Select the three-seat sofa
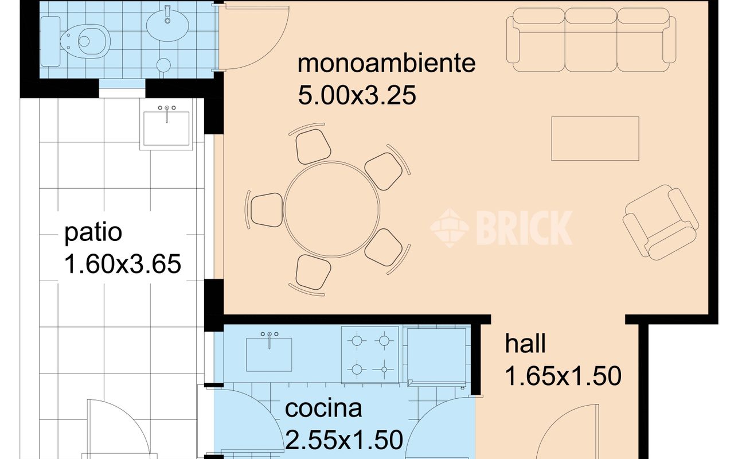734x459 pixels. coord(591,39)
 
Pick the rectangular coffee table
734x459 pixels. coord(595,138)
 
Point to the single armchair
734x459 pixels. coord(661,221)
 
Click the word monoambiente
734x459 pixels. coord(386,63)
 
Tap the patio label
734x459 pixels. coord(93,233)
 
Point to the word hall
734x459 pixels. coord(525,344)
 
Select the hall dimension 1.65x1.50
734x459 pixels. coord(563,376)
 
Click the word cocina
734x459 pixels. coord(323,409)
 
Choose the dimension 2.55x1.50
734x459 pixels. coord(343,440)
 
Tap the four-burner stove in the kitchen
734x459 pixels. coord(370,355)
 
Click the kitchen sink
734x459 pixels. coord(269,353)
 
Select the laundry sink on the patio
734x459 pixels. coord(166,127)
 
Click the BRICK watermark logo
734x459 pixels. coord(502,227)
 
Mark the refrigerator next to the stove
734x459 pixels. coord(436,355)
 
